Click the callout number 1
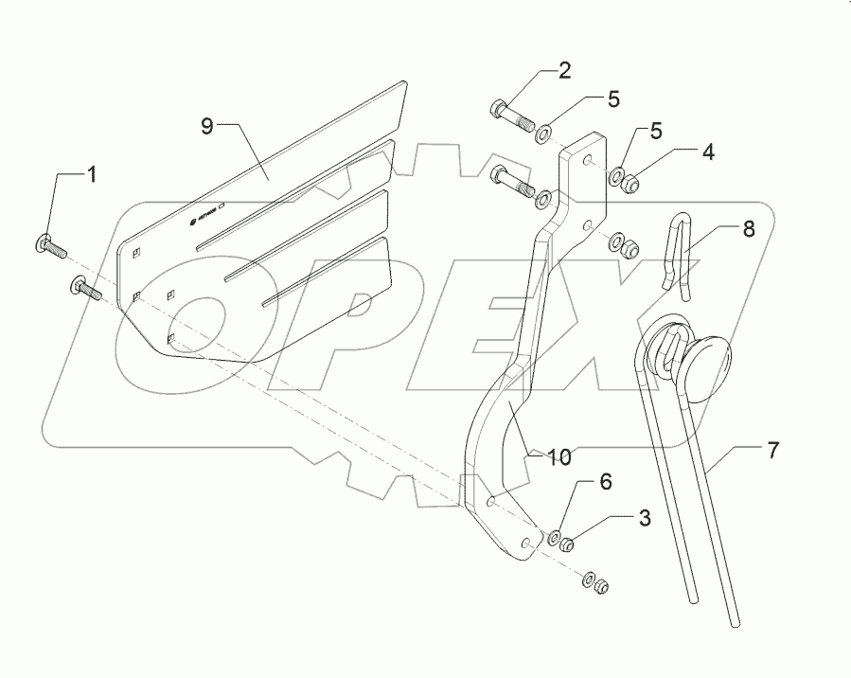click(x=92, y=174)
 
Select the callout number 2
click(x=564, y=70)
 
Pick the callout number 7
click(x=773, y=452)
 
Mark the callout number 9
click(x=207, y=125)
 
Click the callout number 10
click(x=559, y=457)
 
